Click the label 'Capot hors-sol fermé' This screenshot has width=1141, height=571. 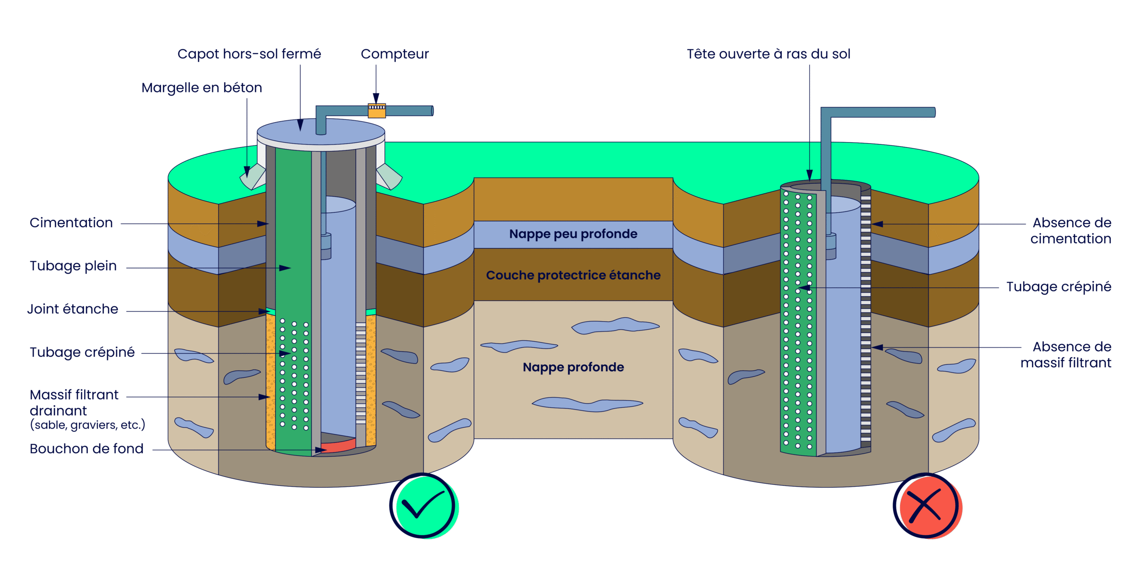(249, 54)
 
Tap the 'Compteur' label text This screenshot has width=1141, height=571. (395, 54)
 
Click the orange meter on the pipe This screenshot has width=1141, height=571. (377, 111)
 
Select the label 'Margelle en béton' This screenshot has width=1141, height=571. (201, 88)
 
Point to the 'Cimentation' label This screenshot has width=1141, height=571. (71, 223)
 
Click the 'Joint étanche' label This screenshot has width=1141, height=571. (73, 309)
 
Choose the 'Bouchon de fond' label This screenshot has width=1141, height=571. (86, 449)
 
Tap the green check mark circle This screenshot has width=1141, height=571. (424, 506)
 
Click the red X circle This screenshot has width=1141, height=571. (927, 506)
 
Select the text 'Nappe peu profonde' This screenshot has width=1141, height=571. (573, 234)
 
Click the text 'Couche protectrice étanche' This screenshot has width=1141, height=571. (573, 275)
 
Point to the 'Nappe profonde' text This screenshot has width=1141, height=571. (573, 367)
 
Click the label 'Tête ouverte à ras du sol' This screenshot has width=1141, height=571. (768, 54)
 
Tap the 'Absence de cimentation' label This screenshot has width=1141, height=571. (1071, 231)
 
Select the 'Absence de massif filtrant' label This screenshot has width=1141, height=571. (1066, 355)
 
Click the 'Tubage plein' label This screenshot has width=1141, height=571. (74, 266)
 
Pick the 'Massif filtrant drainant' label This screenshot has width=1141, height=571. (74, 403)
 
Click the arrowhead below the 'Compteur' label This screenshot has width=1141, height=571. (376, 98)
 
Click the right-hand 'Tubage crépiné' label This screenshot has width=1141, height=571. (1059, 287)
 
